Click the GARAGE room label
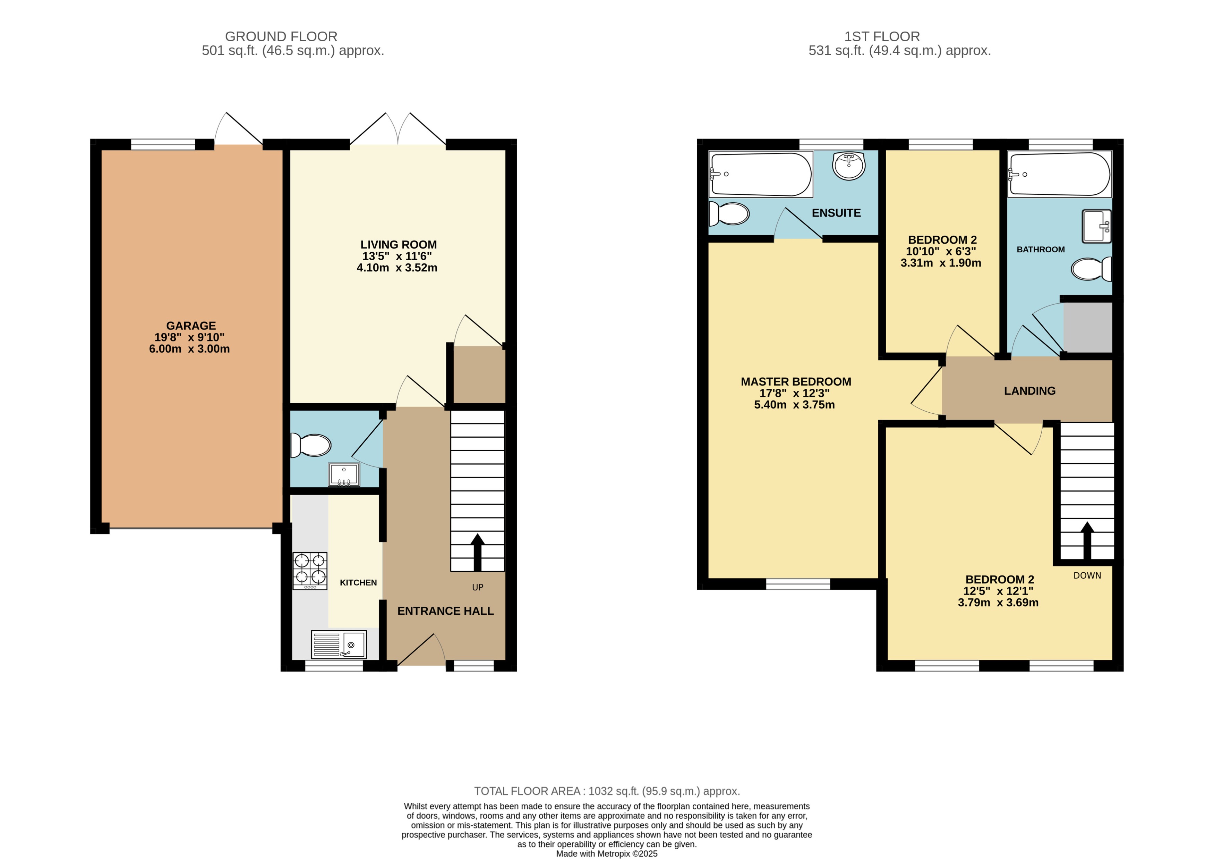coord(191,326)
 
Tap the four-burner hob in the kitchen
coord(310,570)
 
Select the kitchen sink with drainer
coord(339,644)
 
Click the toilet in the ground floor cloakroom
coord(311,445)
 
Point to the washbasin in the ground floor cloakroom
coord(344,474)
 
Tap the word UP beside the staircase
coord(478,587)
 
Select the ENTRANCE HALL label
coord(445,611)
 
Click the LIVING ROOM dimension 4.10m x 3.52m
coord(397,268)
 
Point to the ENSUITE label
coord(836,213)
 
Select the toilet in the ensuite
coord(730,214)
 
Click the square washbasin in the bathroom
coord(1096,226)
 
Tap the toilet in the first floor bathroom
coord(1091,269)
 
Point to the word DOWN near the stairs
coord(1087,575)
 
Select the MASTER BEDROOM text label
coord(796,382)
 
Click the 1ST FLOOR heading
coord(882,36)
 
